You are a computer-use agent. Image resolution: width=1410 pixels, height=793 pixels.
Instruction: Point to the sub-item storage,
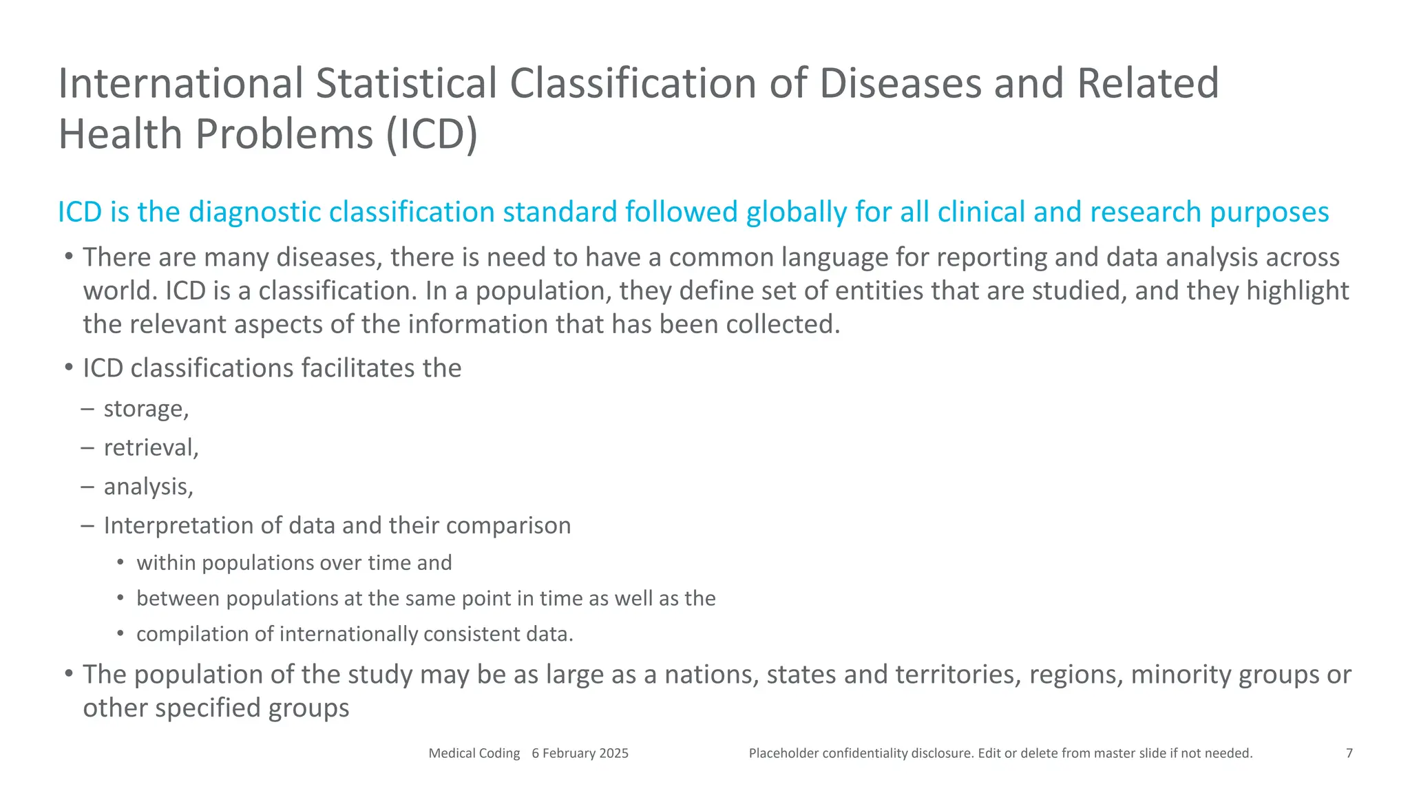(x=146, y=409)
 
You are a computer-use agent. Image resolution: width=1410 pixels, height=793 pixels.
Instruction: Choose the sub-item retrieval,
(x=151, y=448)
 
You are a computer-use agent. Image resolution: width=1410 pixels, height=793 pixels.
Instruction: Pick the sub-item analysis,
(x=148, y=487)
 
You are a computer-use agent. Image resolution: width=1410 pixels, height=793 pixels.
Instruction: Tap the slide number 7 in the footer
(x=1349, y=753)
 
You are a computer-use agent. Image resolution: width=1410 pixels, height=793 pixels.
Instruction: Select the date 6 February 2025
(x=580, y=753)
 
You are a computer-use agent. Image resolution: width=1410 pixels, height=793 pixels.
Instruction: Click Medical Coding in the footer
(x=474, y=753)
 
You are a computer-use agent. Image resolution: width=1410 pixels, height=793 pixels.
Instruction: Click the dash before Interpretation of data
(x=87, y=526)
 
